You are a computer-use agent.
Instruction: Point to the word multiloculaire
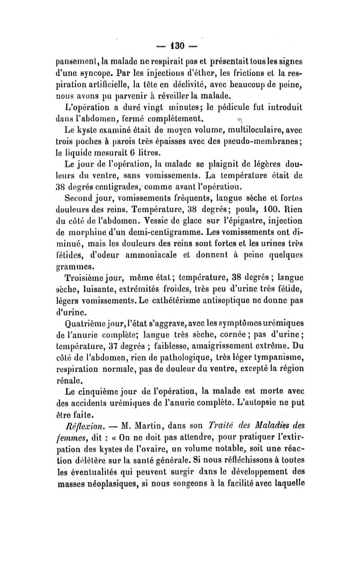point(265,131)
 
